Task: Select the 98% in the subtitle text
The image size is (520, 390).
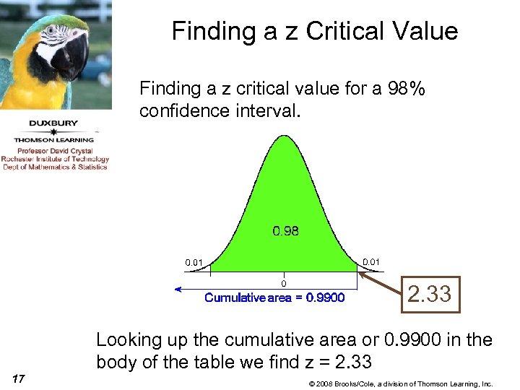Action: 407,89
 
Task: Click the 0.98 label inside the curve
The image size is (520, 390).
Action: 285,231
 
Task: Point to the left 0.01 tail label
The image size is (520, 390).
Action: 194,262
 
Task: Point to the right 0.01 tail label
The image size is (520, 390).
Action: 370,261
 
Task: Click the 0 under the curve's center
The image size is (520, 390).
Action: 284,284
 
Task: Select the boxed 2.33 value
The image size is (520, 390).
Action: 430,294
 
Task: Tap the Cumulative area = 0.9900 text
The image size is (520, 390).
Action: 274,298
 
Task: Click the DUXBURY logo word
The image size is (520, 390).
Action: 53,123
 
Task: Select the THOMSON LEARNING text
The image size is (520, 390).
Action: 54,140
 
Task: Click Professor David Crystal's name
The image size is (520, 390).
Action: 55,151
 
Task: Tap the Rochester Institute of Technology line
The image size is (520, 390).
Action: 55,159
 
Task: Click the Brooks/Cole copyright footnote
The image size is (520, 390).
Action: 400,383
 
